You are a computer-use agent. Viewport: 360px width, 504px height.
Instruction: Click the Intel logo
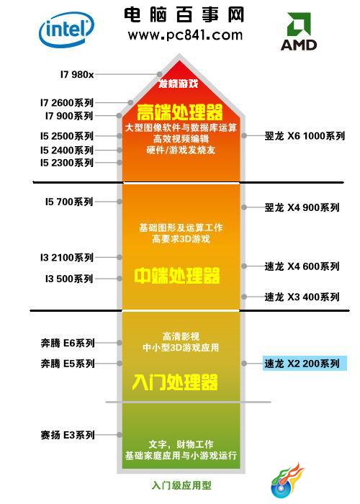coord(66,30)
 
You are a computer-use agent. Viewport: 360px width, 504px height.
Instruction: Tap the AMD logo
coord(299,31)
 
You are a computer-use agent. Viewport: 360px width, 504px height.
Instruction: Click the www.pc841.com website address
coord(185,35)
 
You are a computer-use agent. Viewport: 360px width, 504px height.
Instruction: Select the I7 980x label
coord(77,75)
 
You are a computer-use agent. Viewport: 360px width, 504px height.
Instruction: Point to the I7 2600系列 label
coord(67,102)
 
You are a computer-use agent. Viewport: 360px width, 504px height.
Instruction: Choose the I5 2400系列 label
coord(67,150)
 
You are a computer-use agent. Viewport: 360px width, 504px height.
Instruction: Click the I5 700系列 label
coord(69,202)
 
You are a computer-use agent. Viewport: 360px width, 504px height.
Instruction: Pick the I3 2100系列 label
coord(67,258)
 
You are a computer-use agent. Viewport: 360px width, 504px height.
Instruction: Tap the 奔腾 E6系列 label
coord(68,343)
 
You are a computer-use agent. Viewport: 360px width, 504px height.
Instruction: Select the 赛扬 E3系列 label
coord(68,435)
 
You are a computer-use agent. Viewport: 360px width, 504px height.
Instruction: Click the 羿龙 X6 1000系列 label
coord(305,136)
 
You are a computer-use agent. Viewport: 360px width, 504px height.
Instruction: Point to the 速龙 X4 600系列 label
coord(302,266)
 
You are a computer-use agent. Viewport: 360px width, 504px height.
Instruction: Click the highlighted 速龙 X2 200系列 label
coord(305,364)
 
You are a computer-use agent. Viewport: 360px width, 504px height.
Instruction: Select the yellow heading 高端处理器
coord(179,112)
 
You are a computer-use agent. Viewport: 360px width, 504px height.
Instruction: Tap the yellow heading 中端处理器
coord(177,276)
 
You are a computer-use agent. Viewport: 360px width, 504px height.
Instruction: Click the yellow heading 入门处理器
coord(175,382)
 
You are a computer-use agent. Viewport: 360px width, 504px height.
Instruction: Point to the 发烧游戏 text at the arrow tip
coord(179,84)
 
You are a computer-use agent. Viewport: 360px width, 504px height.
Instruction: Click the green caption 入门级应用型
coord(181,485)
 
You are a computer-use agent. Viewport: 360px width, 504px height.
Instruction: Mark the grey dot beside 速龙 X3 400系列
coord(244,297)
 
